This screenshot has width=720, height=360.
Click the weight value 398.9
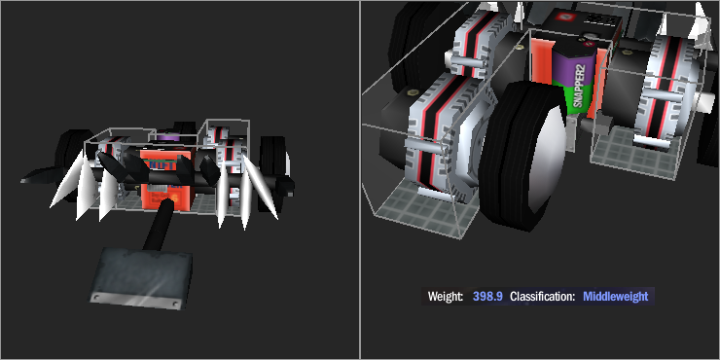click(487, 297)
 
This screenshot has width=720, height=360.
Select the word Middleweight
click(615, 297)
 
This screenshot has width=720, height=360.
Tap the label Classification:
click(542, 297)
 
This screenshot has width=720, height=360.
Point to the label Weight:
click(445, 297)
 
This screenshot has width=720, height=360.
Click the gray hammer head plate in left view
click(140, 278)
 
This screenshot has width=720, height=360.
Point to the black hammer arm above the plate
click(159, 224)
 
